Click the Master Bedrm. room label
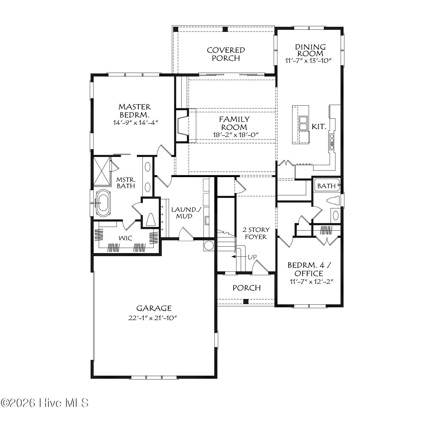click(134, 111)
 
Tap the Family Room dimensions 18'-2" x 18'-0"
click(234, 135)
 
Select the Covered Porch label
click(226, 54)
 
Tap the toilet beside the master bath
click(150, 220)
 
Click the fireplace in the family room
click(182, 125)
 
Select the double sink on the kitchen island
click(303, 123)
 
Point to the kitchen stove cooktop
click(332, 141)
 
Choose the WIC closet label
click(126, 238)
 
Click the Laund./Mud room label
click(184, 213)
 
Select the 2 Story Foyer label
click(256, 233)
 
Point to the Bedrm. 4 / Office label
click(309, 269)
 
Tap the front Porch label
click(246, 288)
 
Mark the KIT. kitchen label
click(319, 127)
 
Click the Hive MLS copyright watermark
click(45, 403)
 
